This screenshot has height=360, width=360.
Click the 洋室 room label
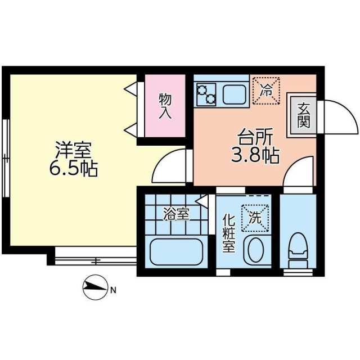pyautogui.click(x=73, y=151)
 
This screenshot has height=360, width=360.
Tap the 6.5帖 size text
pyautogui.click(x=73, y=168)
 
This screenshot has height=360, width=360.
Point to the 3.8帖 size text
pyautogui.click(x=255, y=155)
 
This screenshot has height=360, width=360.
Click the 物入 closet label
pyautogui.click(x=164, y=106)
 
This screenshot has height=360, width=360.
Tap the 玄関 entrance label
pyautogui.click(x=303, y=115)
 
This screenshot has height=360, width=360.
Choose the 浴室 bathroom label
pyautogui.click(x=175, y=214)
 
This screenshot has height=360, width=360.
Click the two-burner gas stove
pyautogui.click(x=206, y=93)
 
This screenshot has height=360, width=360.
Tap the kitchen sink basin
pyautogui.click(x=235, y=93)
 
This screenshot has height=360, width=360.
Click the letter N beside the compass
pyautogui.click(x=113, y=291)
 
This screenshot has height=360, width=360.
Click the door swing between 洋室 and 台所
pyautogui.click(x=172, y=165)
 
